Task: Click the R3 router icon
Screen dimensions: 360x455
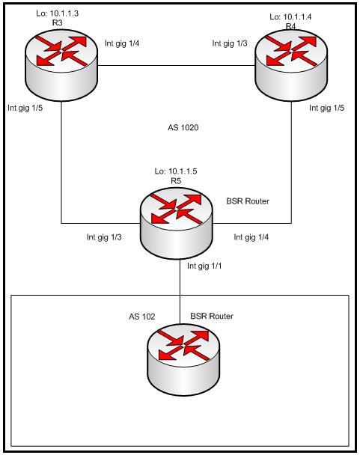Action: point(61,65)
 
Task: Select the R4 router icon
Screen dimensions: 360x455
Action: point(291,65)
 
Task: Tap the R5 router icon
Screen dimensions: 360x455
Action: point(176,223)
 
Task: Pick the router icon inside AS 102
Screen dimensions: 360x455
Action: point(183,359)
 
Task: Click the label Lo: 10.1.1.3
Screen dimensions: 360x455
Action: point(57,13)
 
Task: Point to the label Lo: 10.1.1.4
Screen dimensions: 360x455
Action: point(290,16)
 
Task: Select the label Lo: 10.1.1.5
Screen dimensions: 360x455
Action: point(176,171)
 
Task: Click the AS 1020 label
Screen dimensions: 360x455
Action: point(183,127)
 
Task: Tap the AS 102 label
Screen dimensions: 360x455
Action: point(142,317)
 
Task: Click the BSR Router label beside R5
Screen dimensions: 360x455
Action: point(248,201)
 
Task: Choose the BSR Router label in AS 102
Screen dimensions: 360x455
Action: point(212,316)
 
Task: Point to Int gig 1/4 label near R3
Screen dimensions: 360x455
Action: point(122,43)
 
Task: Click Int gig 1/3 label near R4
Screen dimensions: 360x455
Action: point(230,43)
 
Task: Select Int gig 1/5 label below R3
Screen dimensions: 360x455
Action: point(25,108)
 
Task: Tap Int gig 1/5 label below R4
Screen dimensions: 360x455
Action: point(326,108)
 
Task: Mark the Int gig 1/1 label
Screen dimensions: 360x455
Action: point(204,266)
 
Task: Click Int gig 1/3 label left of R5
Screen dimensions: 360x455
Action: point(104,237)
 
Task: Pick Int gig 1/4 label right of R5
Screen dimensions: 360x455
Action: point(251,237)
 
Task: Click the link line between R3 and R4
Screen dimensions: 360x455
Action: point(176,66)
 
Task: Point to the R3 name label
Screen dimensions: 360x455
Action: point(57,23)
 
